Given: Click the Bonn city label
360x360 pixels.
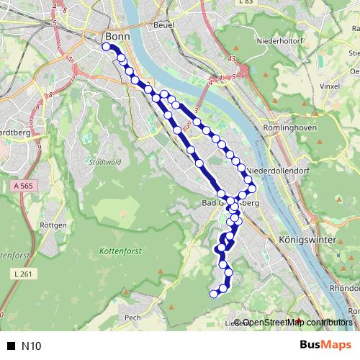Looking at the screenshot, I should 115,37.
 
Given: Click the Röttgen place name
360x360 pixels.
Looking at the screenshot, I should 54,225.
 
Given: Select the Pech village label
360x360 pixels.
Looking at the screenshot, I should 132,317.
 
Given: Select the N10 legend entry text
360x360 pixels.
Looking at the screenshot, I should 32,346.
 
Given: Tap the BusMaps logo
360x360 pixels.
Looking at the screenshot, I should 325,346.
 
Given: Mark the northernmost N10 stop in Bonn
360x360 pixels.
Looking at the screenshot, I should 106,48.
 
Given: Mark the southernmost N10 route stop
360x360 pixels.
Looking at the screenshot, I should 213,293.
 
